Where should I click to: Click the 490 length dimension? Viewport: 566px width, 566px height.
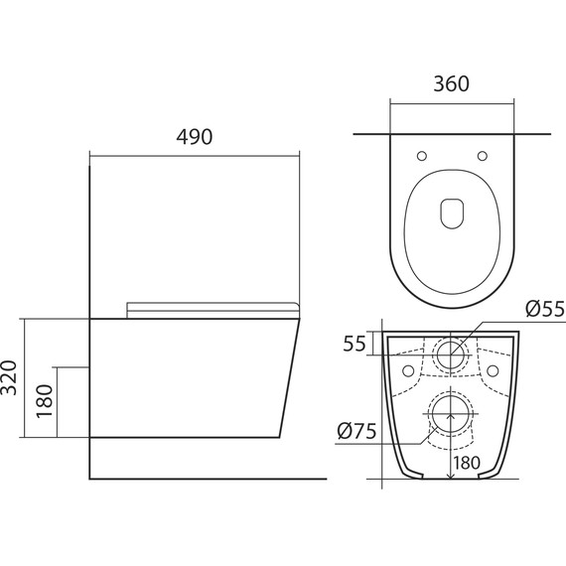195,137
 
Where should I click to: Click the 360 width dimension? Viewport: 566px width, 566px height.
451,83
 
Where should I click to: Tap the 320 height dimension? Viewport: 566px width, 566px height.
9,377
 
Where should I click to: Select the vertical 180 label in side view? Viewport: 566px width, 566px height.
45,401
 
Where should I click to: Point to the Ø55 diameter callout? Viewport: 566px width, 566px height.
545,309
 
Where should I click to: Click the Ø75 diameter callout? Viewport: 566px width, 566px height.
356,431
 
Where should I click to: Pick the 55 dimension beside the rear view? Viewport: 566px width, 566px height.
354,344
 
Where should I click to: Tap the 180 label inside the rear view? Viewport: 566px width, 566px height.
467,463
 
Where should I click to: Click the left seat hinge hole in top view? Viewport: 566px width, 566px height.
422,156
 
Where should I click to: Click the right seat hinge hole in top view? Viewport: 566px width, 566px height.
483,156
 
